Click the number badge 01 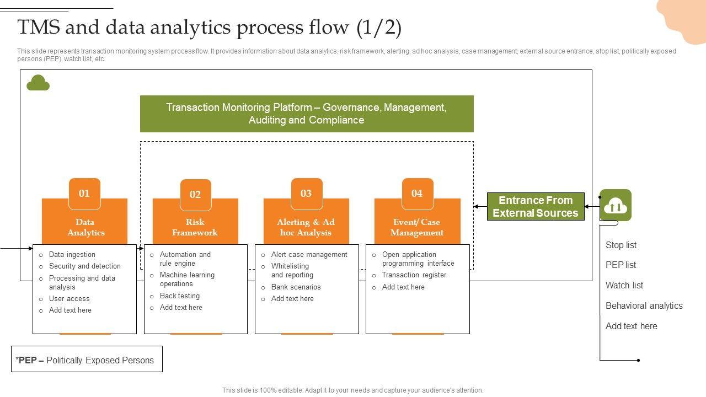point(84,194)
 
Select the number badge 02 point(195,195)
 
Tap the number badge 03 point(306,194)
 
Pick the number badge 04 point(417,194)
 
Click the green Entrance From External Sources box point(536,207)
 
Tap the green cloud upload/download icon point(616,206)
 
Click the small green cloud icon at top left point(38,83)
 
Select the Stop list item point(621,245)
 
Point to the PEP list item point(621,265)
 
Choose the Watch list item point(624,286)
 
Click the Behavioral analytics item point(644,306)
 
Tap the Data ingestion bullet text point(72,255)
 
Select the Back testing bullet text point(180,296)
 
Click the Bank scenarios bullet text point(296,287)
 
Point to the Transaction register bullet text point(414,275)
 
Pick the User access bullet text point(69,299)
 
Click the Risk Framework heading point(195,227)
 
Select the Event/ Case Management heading point(417,227)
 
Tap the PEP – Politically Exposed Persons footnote point(87,360)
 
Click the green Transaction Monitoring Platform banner point(307,114)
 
